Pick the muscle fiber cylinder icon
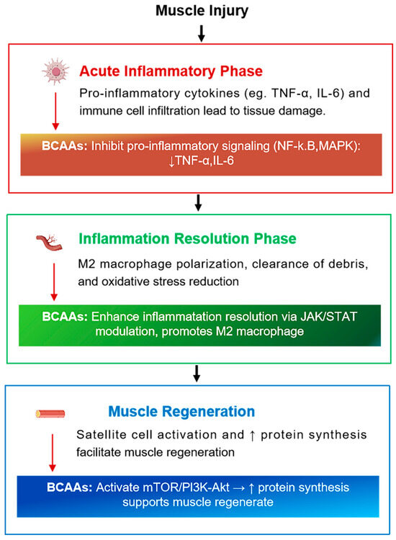[x=50, y=414]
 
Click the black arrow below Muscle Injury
[x=201, y=32]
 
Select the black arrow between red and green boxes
[x=198, y=203]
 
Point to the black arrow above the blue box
[x=198, y=374]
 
